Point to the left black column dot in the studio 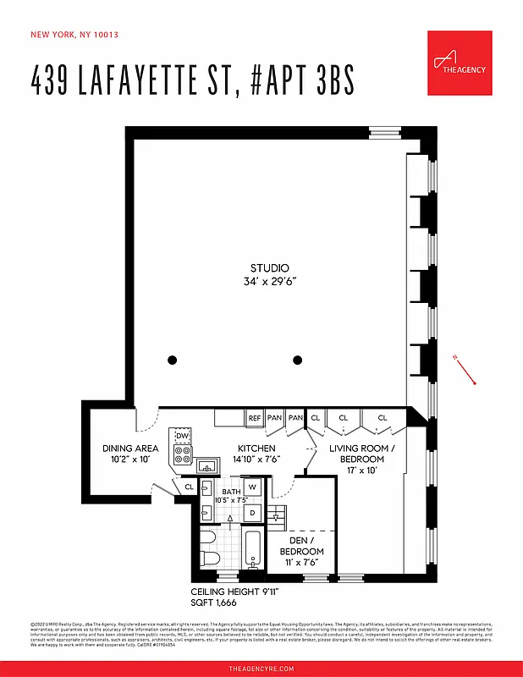click(x=173, y=360)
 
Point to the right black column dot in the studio click(x=298, y=360)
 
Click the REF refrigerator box click(x=254, y=418)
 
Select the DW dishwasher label click(x=181, y=436)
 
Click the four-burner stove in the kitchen click(x=181, y=455)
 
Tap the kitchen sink click(x=206, y=466)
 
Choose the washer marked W click(x=252, y=487)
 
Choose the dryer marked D click(x=252, y=512)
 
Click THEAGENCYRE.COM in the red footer click(x=261, y=669)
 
